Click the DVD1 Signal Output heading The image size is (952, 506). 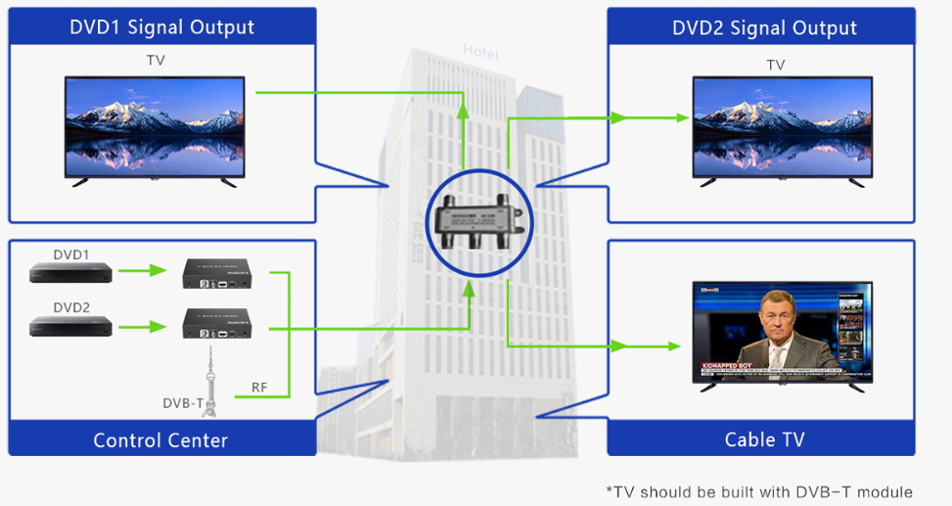161,27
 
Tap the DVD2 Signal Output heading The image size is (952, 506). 764,27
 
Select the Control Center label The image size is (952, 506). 160,440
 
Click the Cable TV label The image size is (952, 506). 764,439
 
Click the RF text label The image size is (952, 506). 259,388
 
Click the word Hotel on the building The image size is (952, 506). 480,51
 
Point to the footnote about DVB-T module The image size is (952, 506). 758,491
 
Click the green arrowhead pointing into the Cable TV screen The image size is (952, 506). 672,346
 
